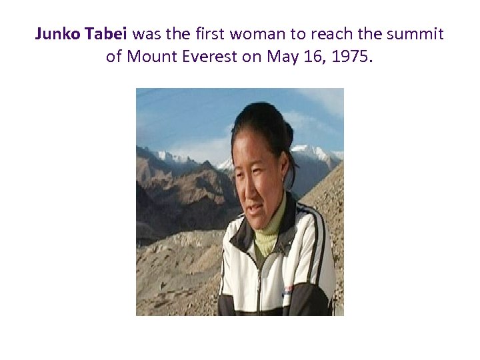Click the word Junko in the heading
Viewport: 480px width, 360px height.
[x=58, y=33]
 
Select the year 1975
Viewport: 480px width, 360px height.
[x=353, y=57]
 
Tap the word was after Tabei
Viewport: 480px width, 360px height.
[x=155, y=33]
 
